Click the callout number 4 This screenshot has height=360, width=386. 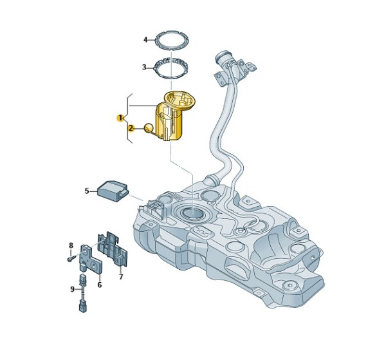tap(145, 39)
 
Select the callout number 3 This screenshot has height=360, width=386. tap(144, 67)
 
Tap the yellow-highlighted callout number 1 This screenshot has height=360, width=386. tap(120, 118)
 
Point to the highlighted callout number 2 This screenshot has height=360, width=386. tap(131, 128)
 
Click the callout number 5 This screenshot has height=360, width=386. tap(87, 191)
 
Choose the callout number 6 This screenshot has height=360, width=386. tap(100, 285)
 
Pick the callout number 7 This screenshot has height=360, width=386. tap(121, 277)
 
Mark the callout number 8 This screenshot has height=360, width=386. tap(71, 245)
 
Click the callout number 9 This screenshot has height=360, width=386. tap(72, 289)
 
